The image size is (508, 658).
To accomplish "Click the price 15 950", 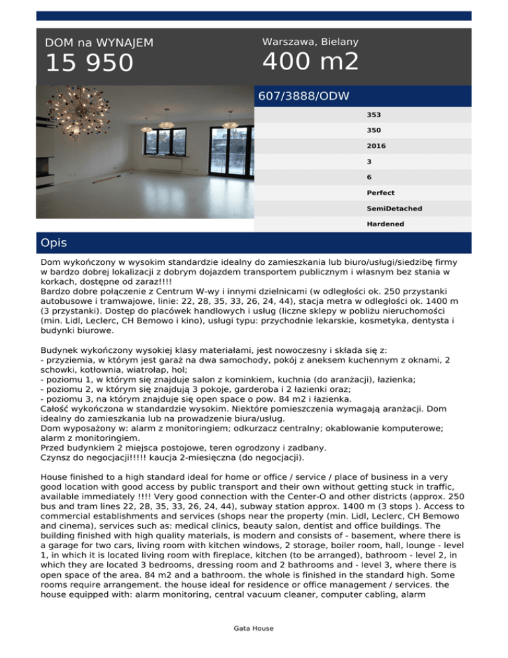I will tap(89, 64).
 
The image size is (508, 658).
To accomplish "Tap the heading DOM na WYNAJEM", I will tap(99, 42).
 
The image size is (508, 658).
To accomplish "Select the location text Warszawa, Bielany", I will tap(310, 42).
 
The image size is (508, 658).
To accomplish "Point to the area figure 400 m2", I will tap(311, 62).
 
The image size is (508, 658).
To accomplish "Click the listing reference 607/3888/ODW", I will tap(304, 96).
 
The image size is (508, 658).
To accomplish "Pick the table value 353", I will tap(374, 115).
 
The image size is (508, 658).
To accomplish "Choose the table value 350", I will tap(374, 130).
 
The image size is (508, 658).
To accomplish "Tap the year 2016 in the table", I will tap(376, 146).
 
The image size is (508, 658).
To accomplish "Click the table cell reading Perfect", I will tap(381, 193).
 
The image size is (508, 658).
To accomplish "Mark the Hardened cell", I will tap(385, 224).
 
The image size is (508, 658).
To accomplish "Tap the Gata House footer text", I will tap(254, 628).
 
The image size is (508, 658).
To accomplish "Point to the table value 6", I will tap(369, 177).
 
